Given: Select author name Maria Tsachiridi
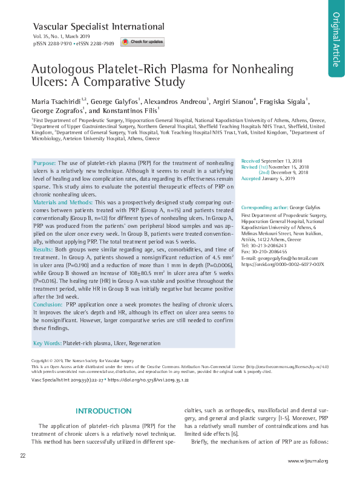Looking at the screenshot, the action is tap(59, 101).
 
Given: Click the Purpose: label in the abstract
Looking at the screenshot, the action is tap(44, 163).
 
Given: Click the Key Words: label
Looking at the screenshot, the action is tap(47, 343).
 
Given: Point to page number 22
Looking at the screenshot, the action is tap(22, 455).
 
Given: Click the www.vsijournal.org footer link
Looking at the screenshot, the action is tap(307, 461).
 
